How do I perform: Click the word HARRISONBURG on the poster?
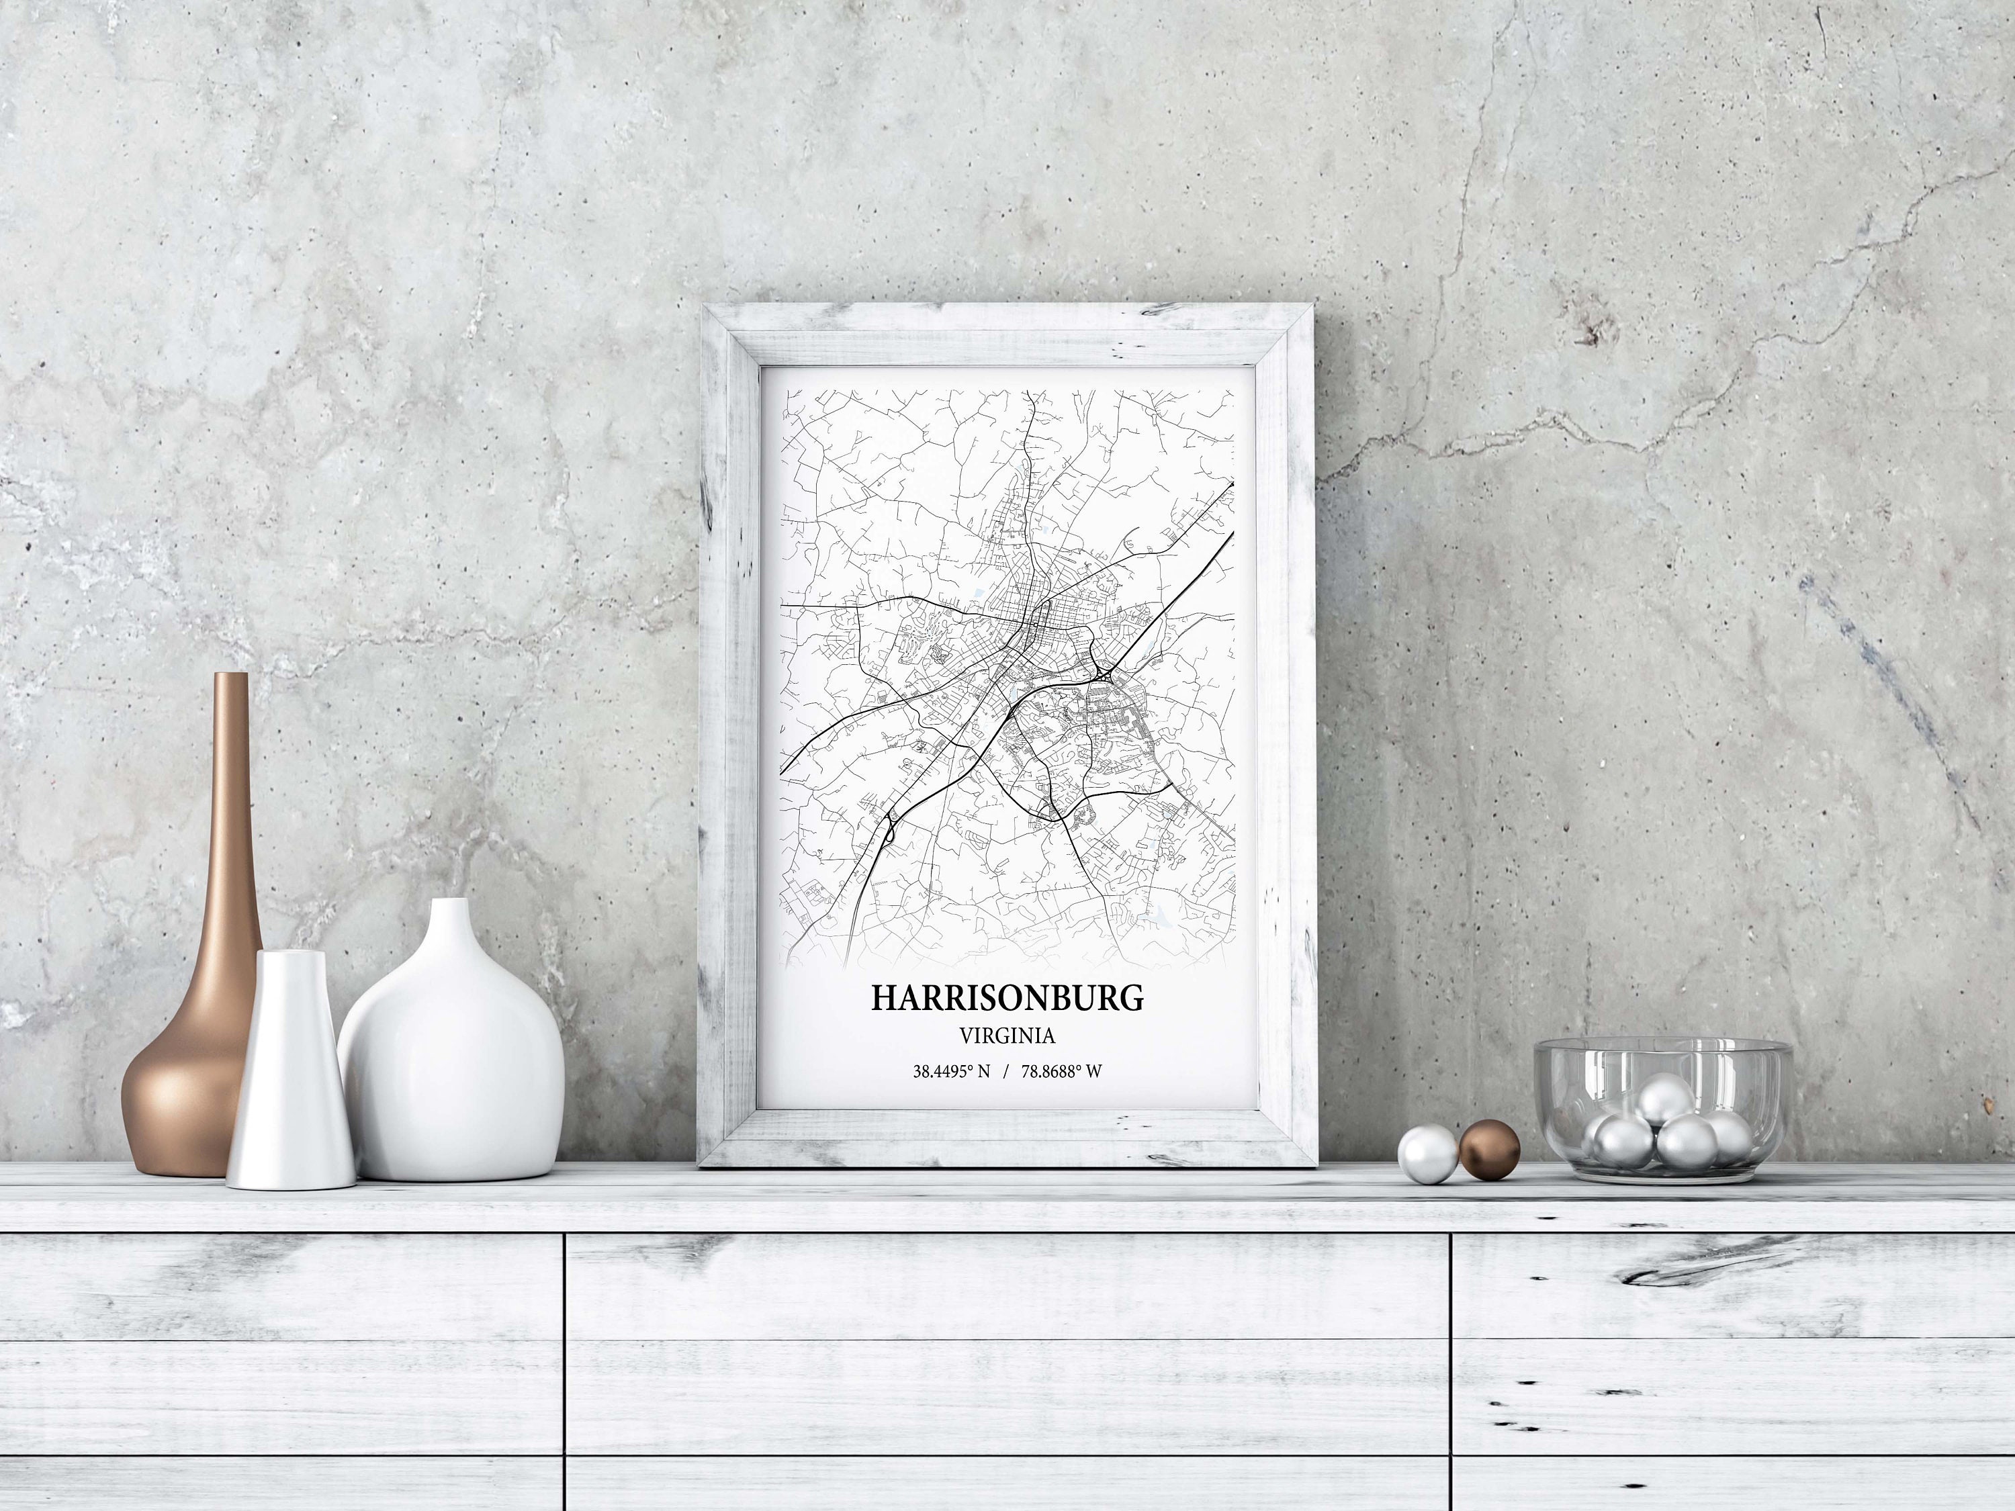tap(1007, 997)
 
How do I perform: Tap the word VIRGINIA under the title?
tap(1007, 1036)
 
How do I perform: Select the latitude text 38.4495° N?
tap(951, 1072)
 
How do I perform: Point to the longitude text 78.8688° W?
tap(1061, 1072)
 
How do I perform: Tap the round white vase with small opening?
tap(451, 1056)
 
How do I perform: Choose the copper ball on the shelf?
tap(1489, 1150)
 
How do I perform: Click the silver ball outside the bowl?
tap(1427, 1154)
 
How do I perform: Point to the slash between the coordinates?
tap(1005, 1072)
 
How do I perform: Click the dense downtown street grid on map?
tap(1038, 629)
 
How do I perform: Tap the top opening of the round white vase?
tap(450, 903)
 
